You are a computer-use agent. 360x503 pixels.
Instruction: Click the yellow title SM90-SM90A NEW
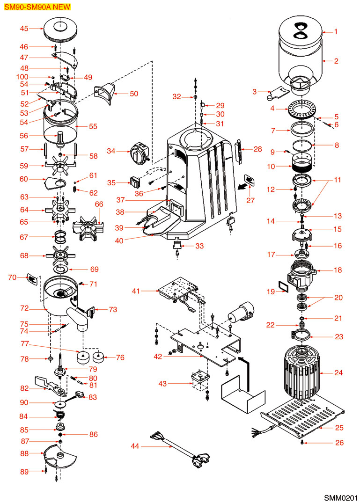coord(35,7)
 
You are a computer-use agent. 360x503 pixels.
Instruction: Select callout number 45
coord(24,29)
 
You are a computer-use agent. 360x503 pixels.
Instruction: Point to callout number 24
coord(338,373)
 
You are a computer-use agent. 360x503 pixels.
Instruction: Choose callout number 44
coord(135,447)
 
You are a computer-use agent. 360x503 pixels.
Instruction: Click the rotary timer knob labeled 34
coord(139,152)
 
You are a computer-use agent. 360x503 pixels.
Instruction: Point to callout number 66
coord(99,204)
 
